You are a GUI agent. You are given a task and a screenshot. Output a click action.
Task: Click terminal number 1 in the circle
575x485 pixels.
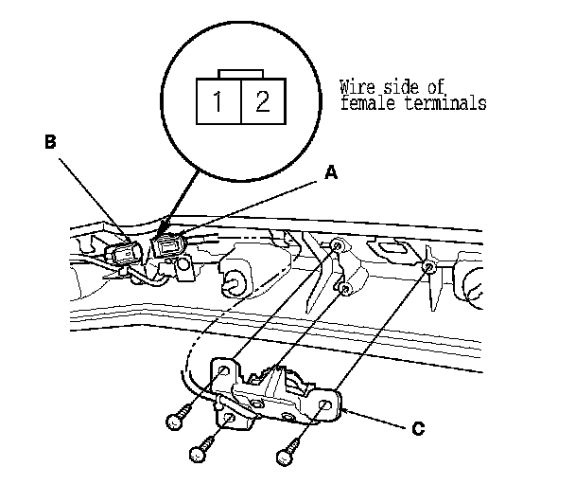218,99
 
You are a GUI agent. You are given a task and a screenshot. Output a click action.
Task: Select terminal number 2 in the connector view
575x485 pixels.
263,99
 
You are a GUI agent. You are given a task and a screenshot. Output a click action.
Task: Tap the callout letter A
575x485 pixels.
330,173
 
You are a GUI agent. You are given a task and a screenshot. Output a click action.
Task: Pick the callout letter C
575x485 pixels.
417,428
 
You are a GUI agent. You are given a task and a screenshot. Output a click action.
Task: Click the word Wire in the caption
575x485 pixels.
357,87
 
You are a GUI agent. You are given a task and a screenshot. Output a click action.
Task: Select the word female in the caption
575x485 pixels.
364,102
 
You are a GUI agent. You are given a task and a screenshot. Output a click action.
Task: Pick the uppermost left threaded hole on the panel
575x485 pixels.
336,248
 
